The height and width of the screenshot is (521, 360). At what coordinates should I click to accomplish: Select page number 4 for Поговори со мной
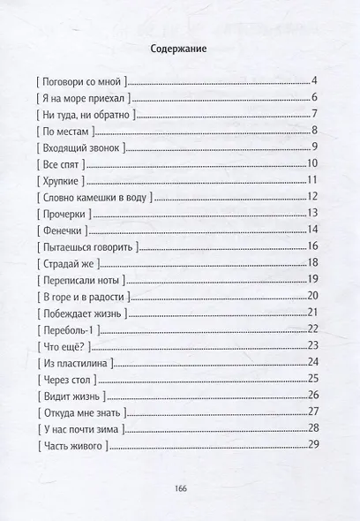(x=314, y=83)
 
